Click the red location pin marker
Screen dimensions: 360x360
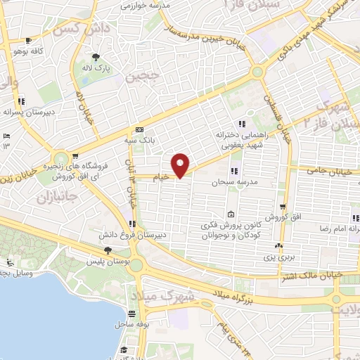coord(181,164)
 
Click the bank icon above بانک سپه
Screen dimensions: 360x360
coord(139,130)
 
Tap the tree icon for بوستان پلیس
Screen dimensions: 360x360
coord(108,250)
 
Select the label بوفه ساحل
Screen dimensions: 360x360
coord(131,326)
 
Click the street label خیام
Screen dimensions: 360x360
coord(162,179)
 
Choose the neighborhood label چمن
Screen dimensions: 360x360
coord(139,77)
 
